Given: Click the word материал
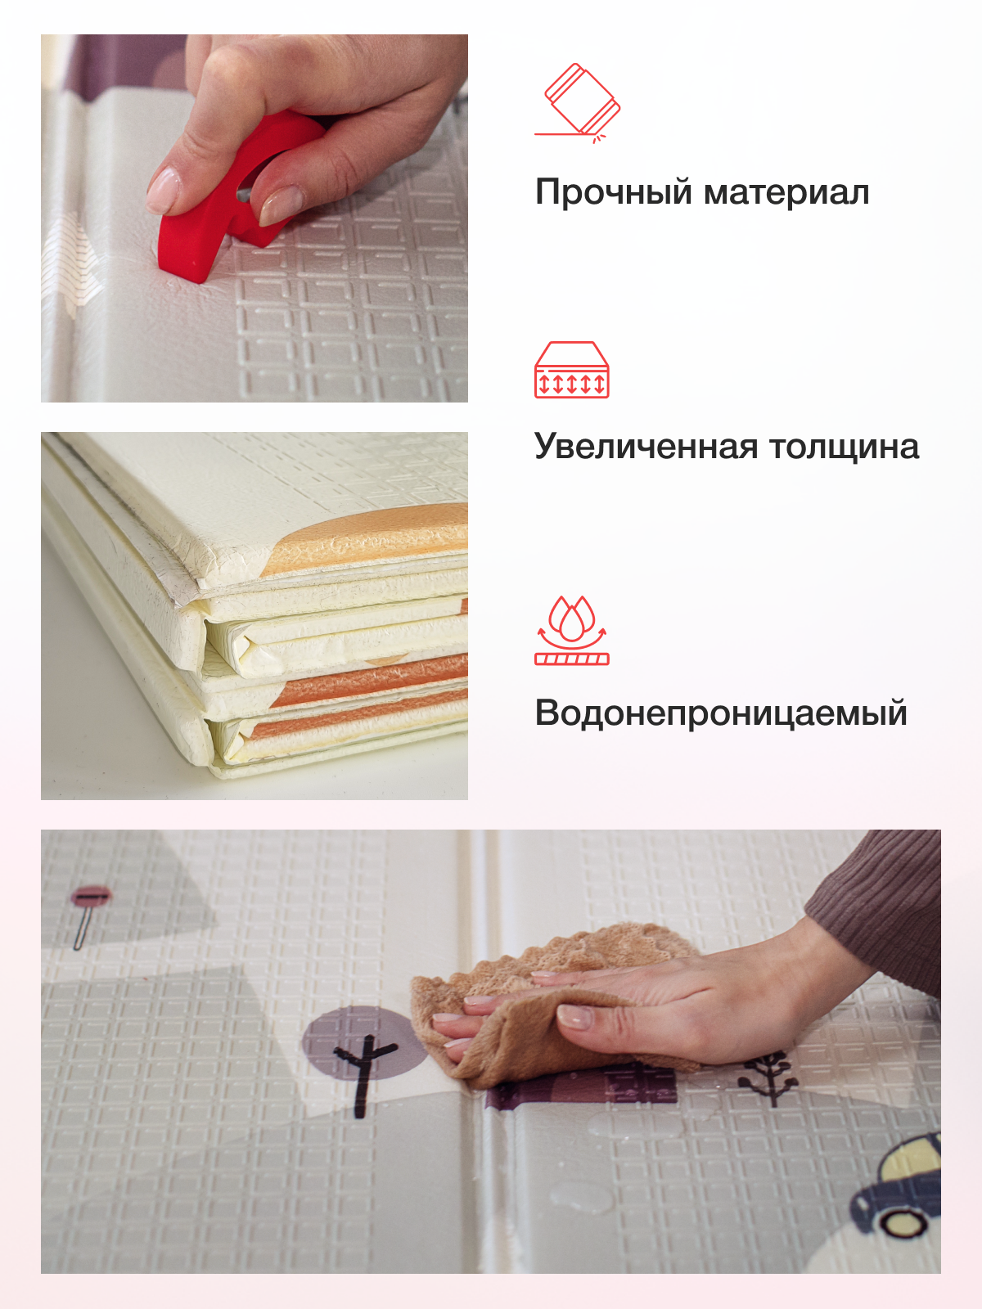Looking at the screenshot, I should coord(786,193).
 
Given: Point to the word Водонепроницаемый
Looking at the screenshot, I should coord(721,713).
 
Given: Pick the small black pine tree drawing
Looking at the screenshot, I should coord(769,1076).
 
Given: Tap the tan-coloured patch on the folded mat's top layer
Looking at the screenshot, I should coord(368,540).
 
